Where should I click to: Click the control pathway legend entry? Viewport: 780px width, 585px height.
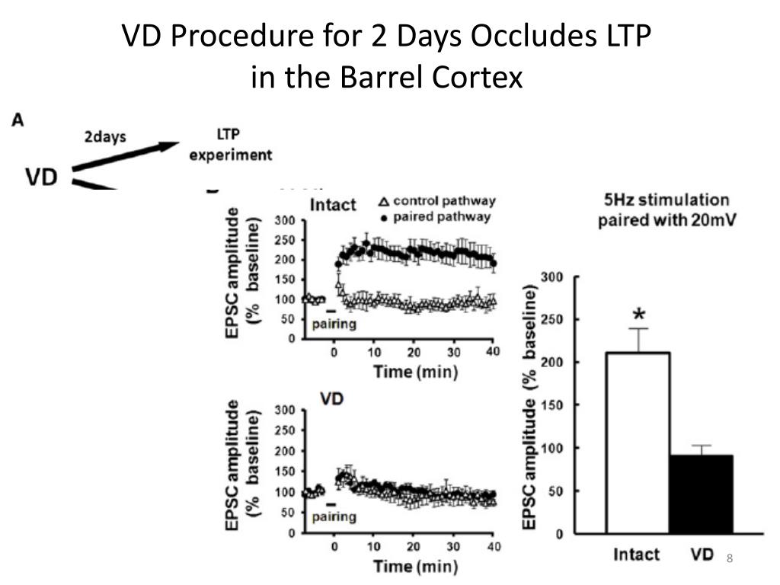(437, 202)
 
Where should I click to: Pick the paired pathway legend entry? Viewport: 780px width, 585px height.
(437, 217)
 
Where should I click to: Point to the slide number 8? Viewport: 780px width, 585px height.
(729, 560)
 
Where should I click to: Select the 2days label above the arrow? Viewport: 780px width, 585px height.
(105, 137)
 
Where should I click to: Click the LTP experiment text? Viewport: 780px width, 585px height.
(230, 147)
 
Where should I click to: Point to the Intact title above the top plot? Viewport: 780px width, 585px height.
(333, 205)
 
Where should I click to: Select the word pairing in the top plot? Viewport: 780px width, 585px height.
(334, 324)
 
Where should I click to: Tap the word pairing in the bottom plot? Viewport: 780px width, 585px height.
(334, 517)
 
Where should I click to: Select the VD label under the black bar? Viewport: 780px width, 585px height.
(702, 554)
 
